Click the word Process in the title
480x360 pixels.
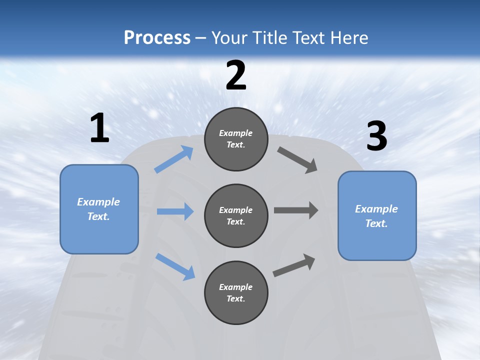point(157,37)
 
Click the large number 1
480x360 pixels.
point(99,128)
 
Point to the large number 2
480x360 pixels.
point(236,75)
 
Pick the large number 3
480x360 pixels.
point(376,137)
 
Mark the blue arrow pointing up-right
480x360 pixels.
point(174,159)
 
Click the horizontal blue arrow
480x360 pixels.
point(175,211)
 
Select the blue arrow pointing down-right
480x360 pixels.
point(175,266)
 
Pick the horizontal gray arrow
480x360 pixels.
point(296,210)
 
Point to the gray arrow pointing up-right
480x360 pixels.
point(294,265)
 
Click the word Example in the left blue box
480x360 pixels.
point(98,202)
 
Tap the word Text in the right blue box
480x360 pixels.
point(375,223)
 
